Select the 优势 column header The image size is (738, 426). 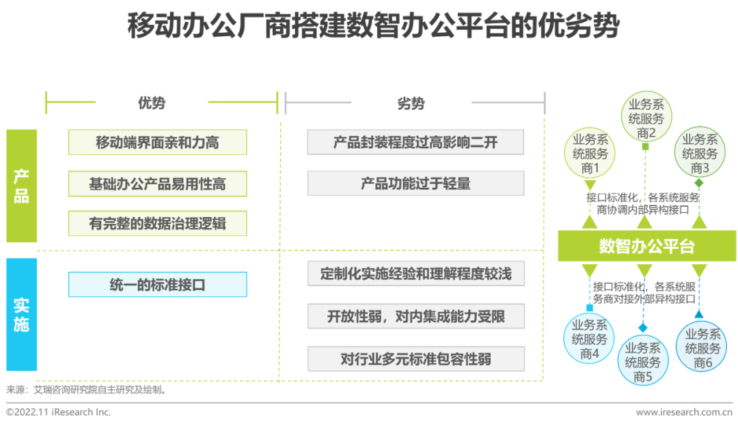(x=152, y=103)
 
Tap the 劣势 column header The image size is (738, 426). (x=411, y=103)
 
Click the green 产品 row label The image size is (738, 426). (x=21, y=186)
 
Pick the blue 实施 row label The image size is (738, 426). (x=21, y=314)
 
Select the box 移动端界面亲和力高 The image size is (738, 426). (x=157, y=143)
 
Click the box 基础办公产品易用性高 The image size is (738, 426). (x=157, y=184)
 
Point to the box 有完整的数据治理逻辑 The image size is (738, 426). (x=157, y=223)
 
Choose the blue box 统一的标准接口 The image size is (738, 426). (x=157, y=285)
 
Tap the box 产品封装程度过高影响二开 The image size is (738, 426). (x=415, y=143)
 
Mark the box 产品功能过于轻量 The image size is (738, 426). (x=415, y=184)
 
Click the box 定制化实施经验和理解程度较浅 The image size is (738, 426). (x=415, y=274)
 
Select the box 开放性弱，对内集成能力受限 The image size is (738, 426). (x=415, y=316)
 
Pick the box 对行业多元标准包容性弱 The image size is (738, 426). (x=415, y=359)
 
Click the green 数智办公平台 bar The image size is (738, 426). (x=646, y=246)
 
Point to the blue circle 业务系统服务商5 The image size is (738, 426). (x=642, y=361)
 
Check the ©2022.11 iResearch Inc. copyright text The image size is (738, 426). (x=59, y=412)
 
